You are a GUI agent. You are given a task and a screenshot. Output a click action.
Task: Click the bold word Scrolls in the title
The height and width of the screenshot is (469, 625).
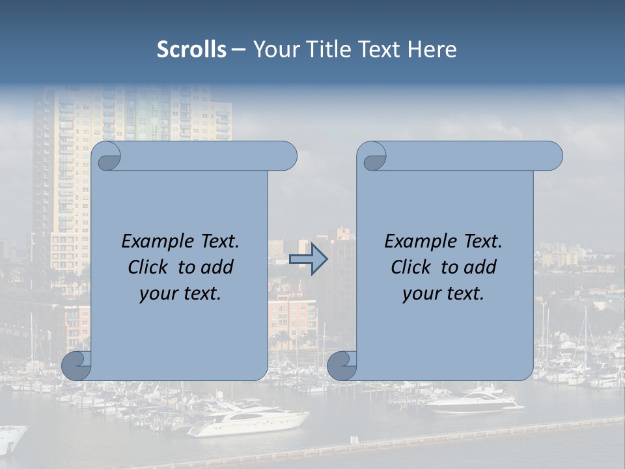point(191,50)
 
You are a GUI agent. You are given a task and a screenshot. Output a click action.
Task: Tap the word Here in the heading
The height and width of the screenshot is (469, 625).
point(432,50)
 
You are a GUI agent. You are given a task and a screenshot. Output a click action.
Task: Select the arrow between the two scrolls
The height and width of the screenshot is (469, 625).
point(309,259)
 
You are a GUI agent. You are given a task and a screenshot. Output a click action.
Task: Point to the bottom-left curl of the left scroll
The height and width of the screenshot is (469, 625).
point(77,365)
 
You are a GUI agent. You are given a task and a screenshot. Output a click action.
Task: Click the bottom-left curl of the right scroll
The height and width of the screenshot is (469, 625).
point(342,365)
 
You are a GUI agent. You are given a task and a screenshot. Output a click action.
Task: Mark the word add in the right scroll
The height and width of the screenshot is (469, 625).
point(480,267)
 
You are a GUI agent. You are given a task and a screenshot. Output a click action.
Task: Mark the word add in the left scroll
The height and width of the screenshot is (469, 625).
point(217,267)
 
